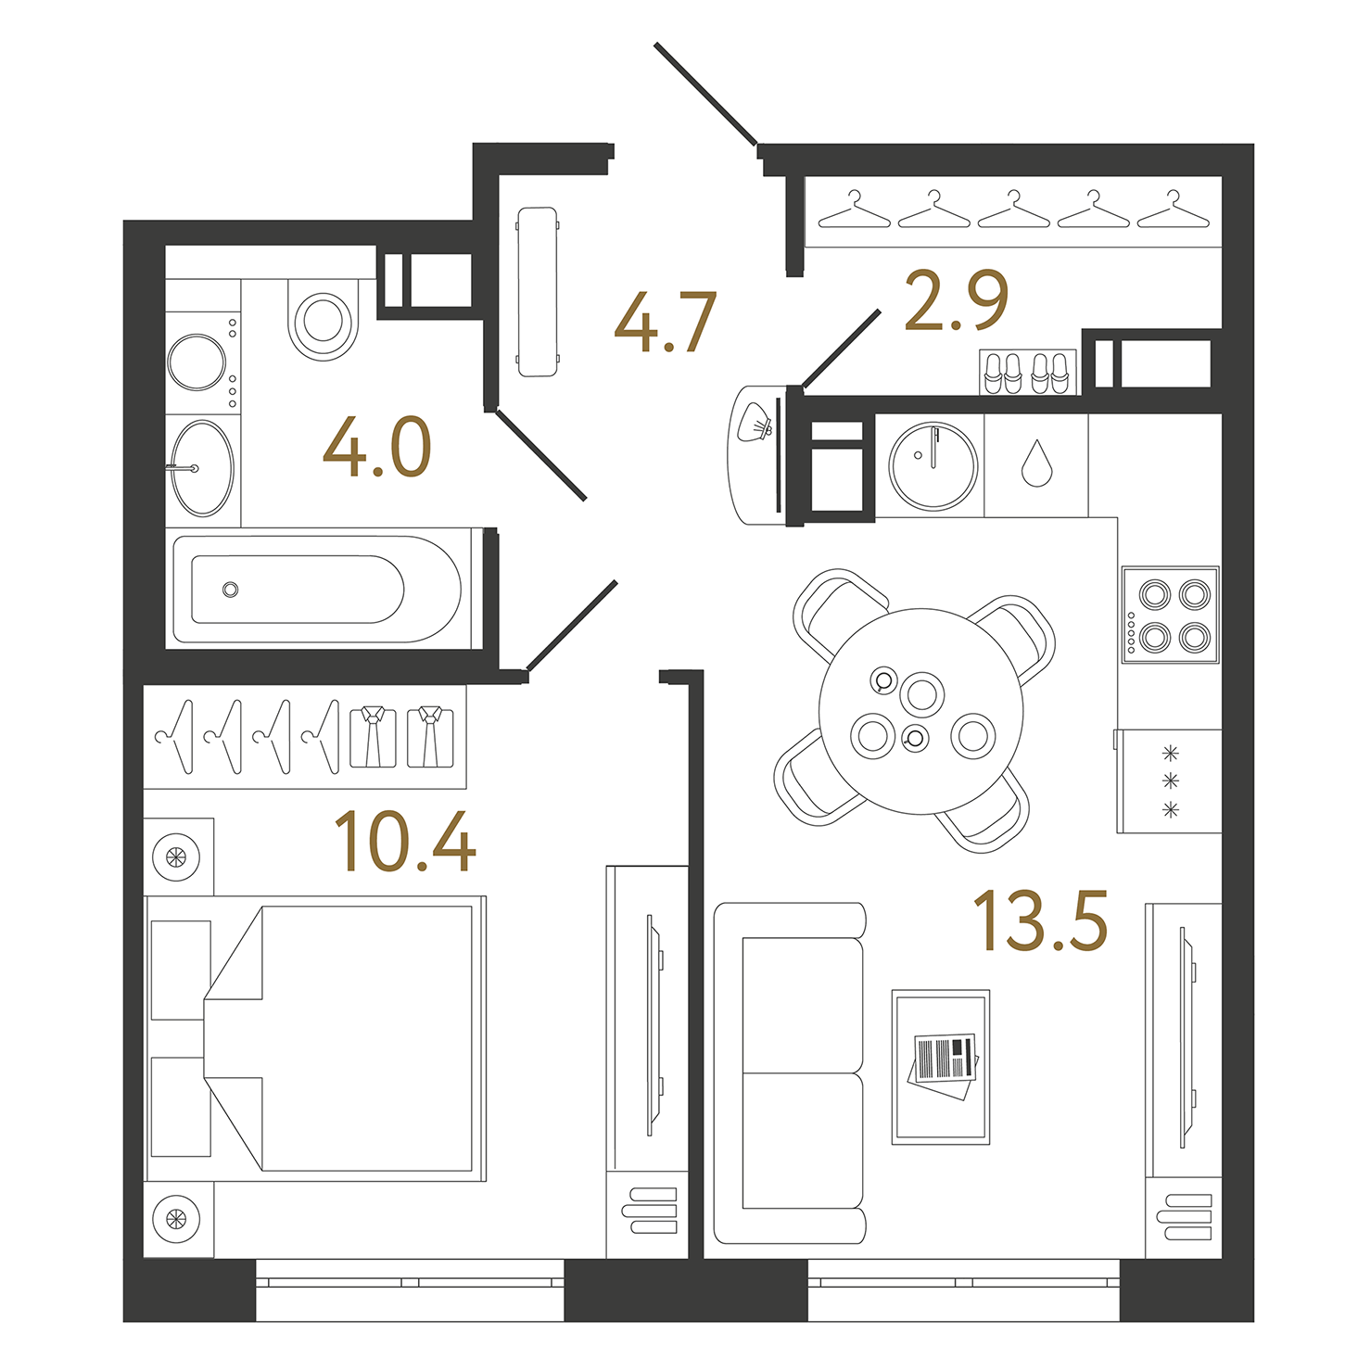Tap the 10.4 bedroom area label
click(x=404, y=842)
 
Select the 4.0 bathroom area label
click(x=377, y=448)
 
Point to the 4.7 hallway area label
click(x=665, y=323)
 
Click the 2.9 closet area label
click(x=956, y=301)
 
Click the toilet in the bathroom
click(x=323, y=319)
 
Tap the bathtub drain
click(x=231, y=590)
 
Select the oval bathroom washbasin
click(x=203, y=468)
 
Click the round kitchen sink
click(x=933, y=465)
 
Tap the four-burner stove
click(x=1171, y=615)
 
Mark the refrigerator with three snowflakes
click(x=1170, y=781)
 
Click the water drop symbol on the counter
click(x=1036, y=463)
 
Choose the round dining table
click(x=920, y=711)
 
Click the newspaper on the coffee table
click(x=944, y=1061)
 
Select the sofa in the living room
click(x=791, y=1073)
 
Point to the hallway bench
click(x=538, y=292)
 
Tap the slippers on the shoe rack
click(x=1028, y=373)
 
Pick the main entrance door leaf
click(x=705, y=94)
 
